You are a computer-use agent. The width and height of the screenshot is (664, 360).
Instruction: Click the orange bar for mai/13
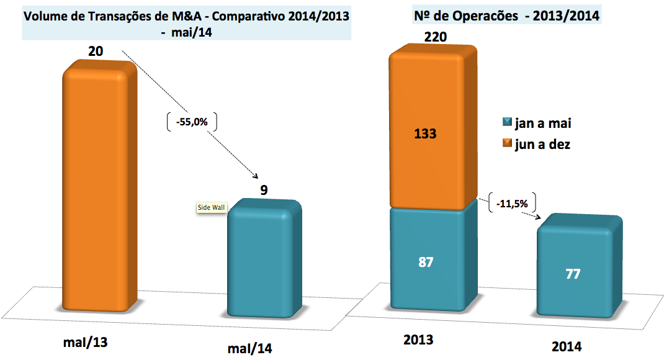pyautogui.click(x=99, y=186)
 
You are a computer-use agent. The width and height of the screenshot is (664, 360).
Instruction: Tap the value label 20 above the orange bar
pyautogui.click(x=96, y=51)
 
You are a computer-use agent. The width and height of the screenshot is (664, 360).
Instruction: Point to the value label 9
pyautogui.click(x=264, y=189)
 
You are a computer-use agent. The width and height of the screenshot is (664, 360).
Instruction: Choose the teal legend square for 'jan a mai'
pyautogui.click(x=506, y=124)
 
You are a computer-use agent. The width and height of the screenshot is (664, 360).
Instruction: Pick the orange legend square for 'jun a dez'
pyautogui.click(x=506, y=145)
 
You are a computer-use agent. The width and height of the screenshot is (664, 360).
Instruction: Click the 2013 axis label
pyautogui.click(x=418, y=340)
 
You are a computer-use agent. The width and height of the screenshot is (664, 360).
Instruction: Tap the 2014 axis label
pyautogui.click(x=567, y=346)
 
